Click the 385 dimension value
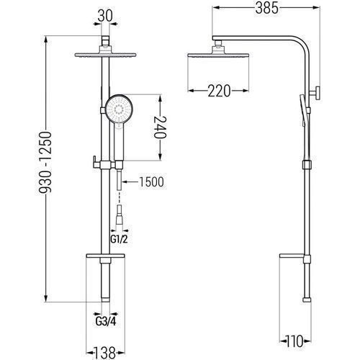click(266, 8)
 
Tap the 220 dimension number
click(219, 91)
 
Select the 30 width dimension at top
click(105, 17)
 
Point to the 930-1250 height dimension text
click(45, 163)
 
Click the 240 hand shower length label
click(160, 127)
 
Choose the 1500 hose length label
click(152, 182)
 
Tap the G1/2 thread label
click(120, 239)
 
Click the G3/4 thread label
click(106, 322)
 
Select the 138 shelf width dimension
click(105, 353)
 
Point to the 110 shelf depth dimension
click(295, 341)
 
